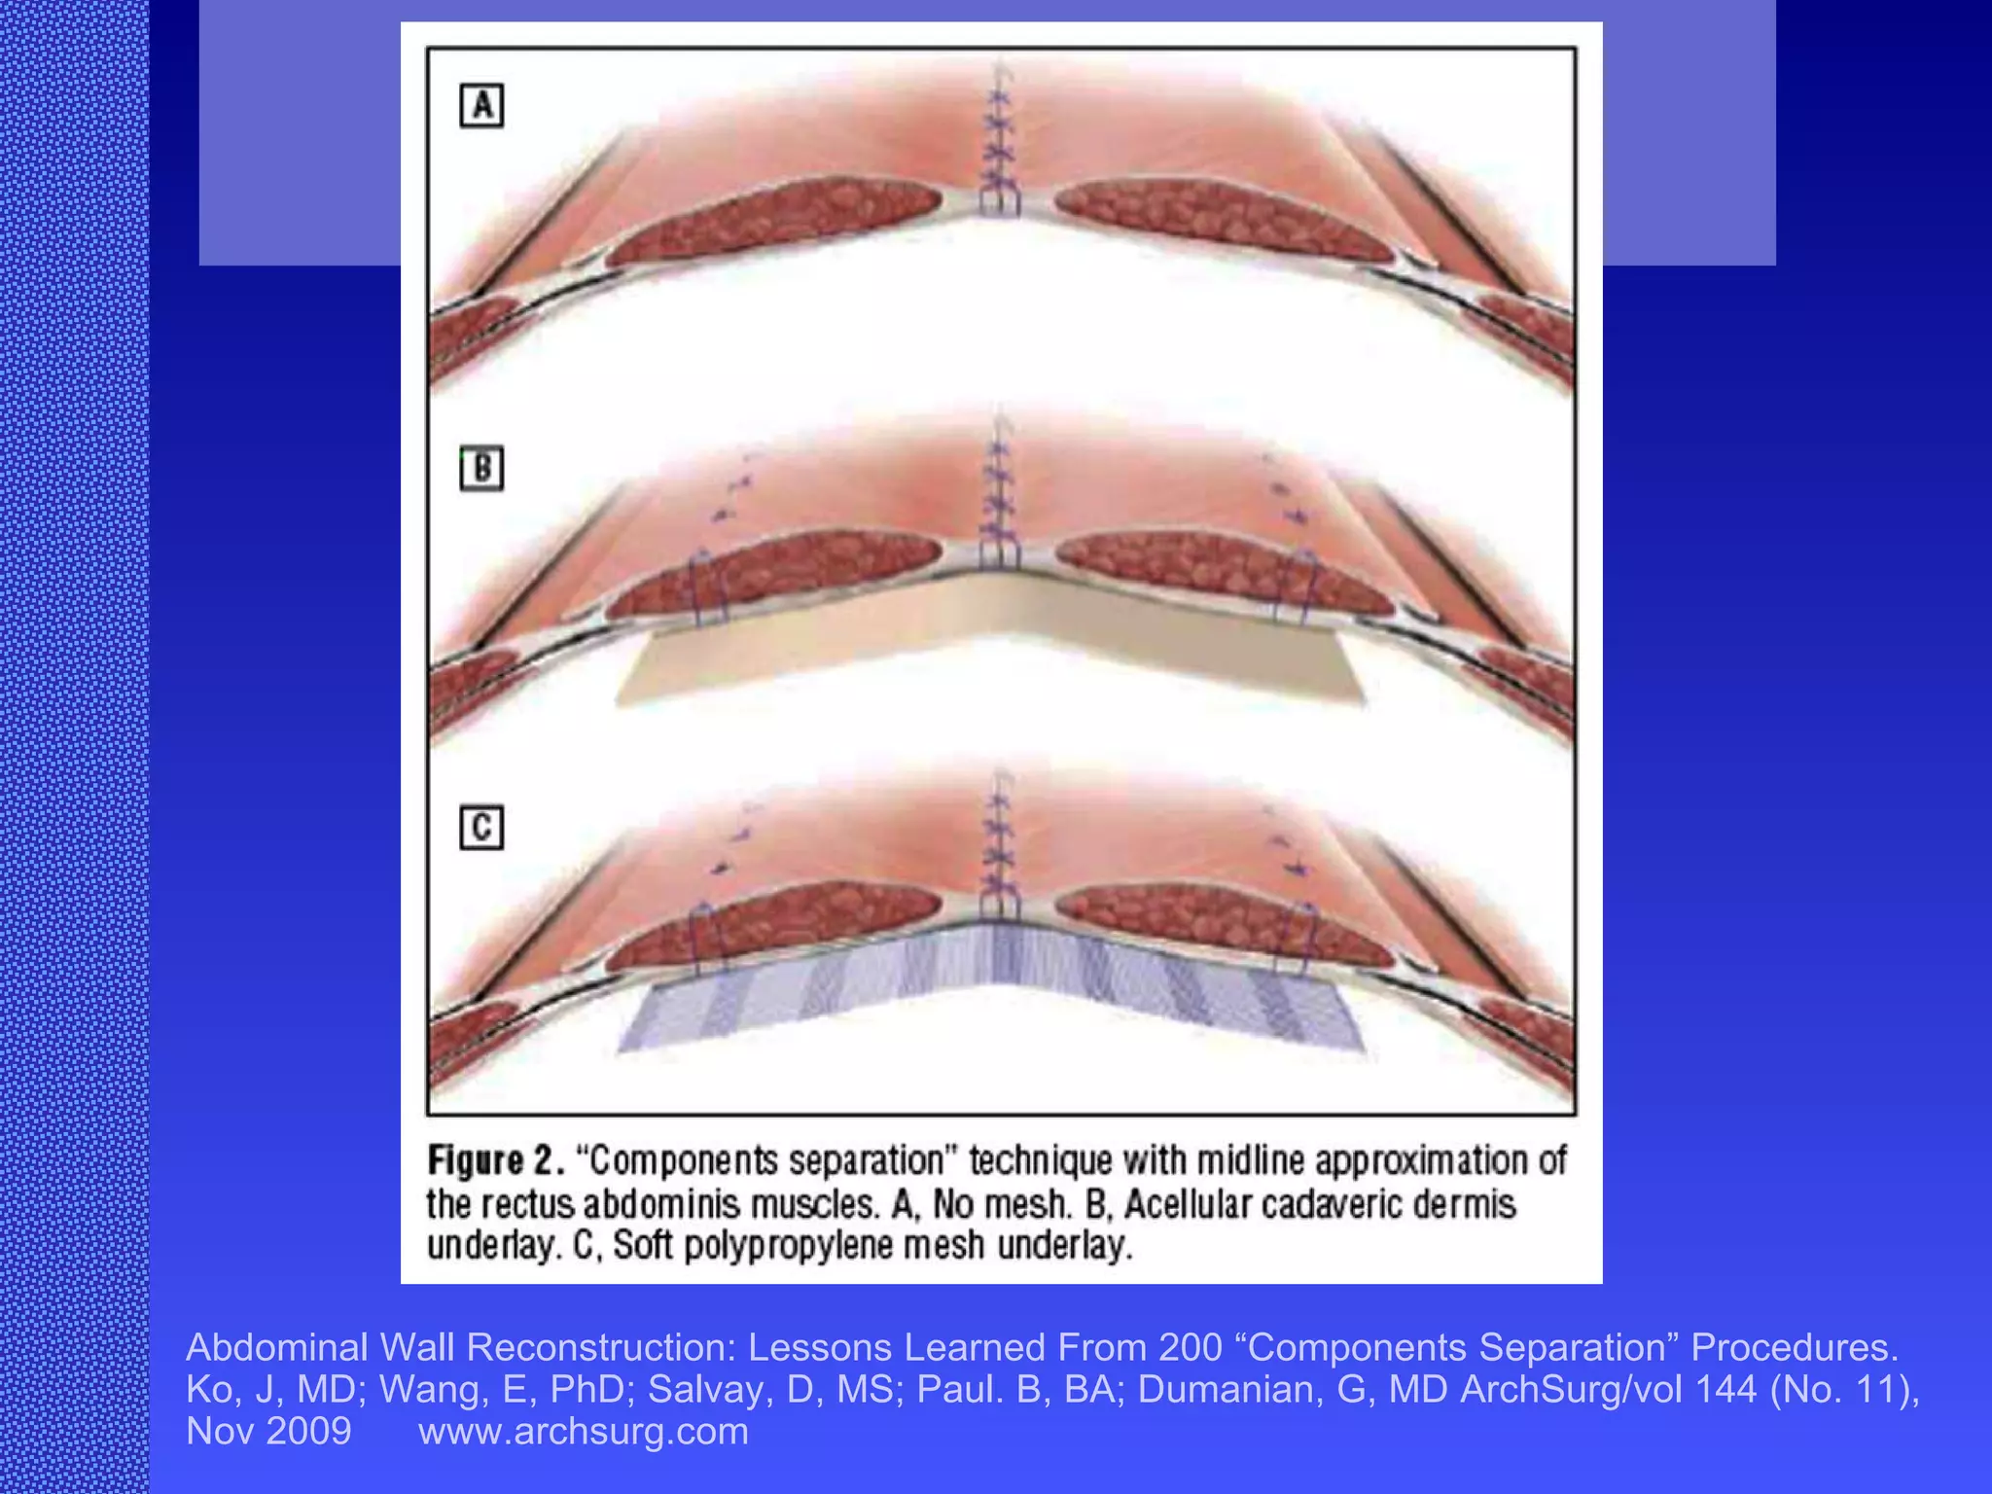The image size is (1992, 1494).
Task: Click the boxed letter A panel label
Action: pyautogui.click(x=481, y=106)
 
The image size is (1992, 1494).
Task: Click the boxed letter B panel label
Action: pyautogui.click(x=481, y=469)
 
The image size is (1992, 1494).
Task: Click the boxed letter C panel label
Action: pyautogui.click(x=481, y=828)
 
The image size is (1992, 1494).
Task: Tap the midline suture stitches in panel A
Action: pyautogui.click(x=998, y=146)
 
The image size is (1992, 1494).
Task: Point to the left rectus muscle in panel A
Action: pyautogui.click(x=778, y=219)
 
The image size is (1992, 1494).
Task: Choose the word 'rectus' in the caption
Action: pyautogui.click(x=527, y=1204)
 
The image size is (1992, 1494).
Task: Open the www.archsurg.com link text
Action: pyautogui.click(x=584, y=1432)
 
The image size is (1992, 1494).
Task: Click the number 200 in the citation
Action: pyautogui.click(x=1190, y=1348)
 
